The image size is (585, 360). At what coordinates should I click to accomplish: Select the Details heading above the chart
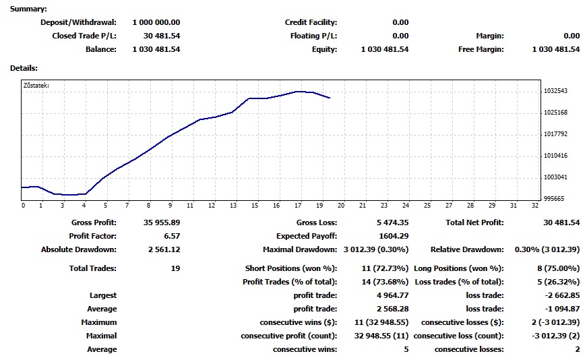[x=24, y=68]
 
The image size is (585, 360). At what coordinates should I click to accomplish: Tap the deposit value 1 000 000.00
[x=156, y=22]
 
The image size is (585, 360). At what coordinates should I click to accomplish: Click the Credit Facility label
[x=311, y=22]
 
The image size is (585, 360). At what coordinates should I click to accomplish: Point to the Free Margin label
[x=481, y=49]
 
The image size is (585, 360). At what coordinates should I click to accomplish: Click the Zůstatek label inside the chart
[x=36, y=86]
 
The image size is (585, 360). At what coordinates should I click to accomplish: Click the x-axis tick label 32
[x=534, y=206]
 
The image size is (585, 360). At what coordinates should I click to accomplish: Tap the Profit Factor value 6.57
[x=170, y=236]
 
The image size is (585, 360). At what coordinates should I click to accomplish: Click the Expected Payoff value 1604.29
[x=393, y=236]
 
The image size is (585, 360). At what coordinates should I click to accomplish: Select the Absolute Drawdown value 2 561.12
[x=164, y=249]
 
